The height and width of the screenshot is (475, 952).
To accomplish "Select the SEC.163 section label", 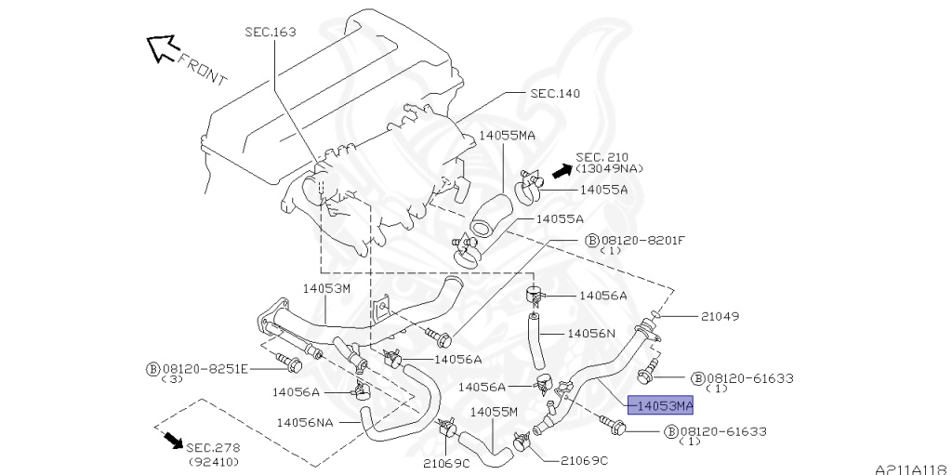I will [271, 32].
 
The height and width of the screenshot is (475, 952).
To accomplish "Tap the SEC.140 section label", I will [555, 93].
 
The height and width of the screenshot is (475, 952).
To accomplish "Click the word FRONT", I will [202, 71].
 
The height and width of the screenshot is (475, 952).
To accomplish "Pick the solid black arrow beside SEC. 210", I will [561, 170].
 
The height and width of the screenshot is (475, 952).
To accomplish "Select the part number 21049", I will [721, 316].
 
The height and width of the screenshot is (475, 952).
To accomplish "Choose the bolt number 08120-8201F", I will [642, 240].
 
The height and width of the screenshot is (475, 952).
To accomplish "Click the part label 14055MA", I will [507, 135].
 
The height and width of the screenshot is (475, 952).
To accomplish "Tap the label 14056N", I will [591, 333].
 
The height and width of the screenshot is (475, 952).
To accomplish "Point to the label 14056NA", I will [304, 422].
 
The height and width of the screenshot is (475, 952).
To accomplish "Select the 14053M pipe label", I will [325, 288].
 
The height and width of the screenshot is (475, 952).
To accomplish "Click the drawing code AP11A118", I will [910, 468].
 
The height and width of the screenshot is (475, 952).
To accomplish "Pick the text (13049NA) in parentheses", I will [609, 168].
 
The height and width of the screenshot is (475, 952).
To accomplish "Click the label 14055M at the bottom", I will [494, 411].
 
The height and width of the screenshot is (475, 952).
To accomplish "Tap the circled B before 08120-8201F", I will [591, 240].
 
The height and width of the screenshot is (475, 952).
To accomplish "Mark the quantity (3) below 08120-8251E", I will [172, 379].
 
